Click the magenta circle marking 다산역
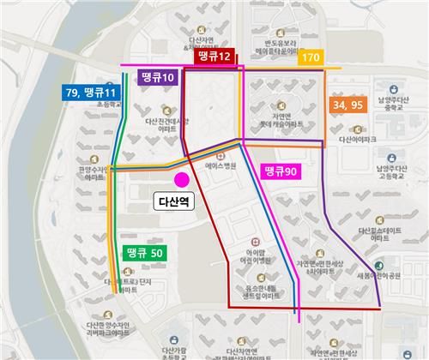click(181, 179)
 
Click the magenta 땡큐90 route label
click(279, 171)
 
